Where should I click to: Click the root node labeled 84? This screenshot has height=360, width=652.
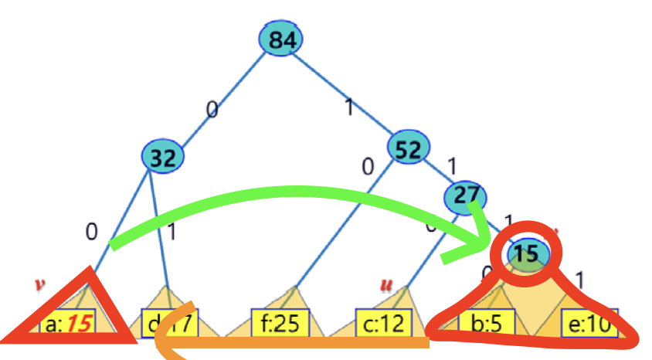pos(281,41)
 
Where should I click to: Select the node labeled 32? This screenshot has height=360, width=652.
pos(163,158)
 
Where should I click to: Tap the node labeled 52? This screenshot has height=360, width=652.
pos(408,149)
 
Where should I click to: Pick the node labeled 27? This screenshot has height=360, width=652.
pos(467,195)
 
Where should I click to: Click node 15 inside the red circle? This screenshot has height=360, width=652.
pos(528,253)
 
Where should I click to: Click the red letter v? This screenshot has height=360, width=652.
pos(39,284)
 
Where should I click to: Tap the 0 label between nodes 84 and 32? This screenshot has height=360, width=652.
pos(212,110)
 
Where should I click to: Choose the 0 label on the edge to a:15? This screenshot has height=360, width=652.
pos(92,231)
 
